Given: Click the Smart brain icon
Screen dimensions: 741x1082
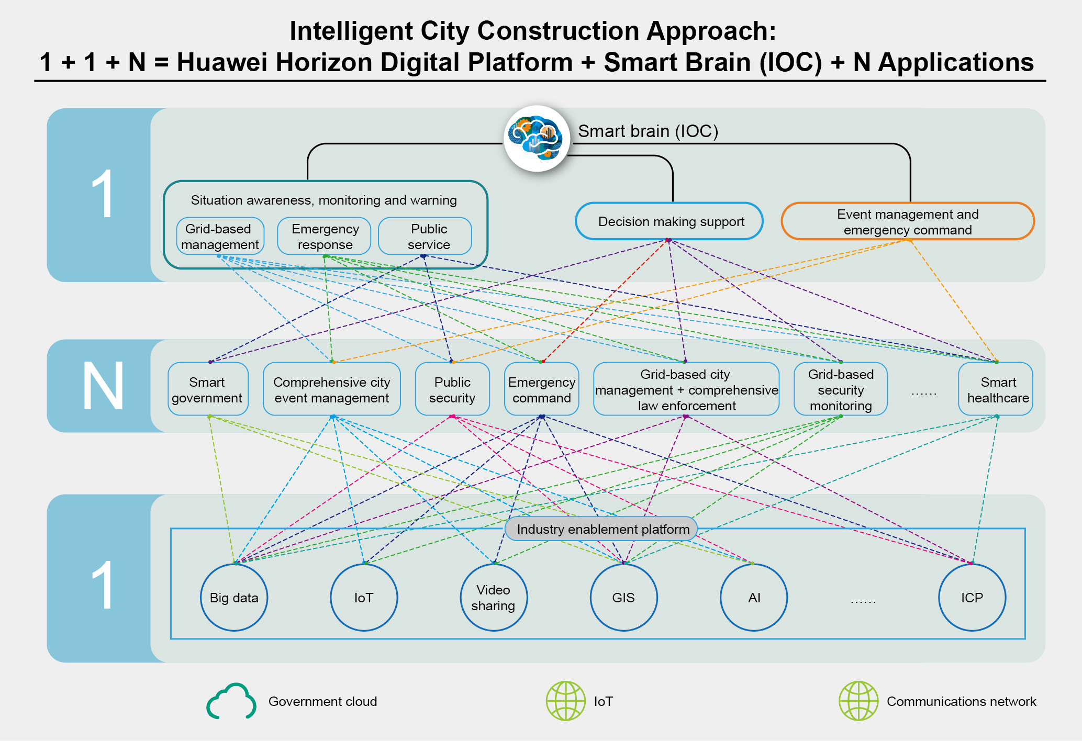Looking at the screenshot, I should point(537,139).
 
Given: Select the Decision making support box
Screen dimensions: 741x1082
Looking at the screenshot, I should point(669,221).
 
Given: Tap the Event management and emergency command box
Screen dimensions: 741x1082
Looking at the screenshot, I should point(907,221).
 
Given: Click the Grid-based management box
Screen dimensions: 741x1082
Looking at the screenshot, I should point(220,237).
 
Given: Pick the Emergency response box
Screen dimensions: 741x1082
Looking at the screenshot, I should point(325,237).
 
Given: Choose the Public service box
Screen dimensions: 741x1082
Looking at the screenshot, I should point(425,237).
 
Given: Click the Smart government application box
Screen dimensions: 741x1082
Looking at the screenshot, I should point(207,390).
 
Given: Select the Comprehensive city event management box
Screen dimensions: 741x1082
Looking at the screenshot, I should point(331,390).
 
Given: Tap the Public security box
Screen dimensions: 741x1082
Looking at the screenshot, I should point(452,390).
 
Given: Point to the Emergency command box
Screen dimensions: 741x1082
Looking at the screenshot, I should point(541,390).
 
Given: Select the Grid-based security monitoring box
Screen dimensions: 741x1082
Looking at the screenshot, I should point(840,390).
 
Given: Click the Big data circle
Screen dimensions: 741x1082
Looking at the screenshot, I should point(234,598).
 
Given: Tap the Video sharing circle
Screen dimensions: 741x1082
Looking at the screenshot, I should point(493,598).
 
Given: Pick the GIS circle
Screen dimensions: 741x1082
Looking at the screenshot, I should point(623,598).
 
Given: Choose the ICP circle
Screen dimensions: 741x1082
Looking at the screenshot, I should point(972,598).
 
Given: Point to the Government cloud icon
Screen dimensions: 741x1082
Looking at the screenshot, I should point(231,701).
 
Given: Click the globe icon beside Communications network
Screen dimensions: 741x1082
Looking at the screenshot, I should point(858,701).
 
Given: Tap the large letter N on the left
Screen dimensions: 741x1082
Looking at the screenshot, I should point(103,386).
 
